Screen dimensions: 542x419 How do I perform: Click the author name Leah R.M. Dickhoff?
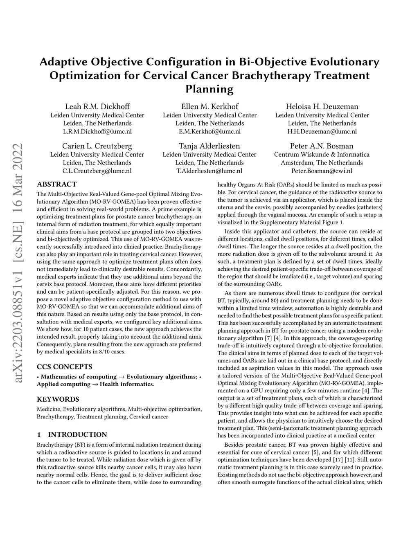tap(97, 106)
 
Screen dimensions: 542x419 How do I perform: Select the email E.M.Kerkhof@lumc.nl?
tap(209, 131)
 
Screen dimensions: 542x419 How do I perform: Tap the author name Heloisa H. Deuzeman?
tap(322, 106)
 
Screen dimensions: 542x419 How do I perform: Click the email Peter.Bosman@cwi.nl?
tap(322, 171)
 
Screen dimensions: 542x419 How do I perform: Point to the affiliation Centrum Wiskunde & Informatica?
tap(322, 155)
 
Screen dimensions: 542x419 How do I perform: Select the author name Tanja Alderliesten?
tap(209, 146)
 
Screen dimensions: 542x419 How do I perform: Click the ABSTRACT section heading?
tap(56, 184)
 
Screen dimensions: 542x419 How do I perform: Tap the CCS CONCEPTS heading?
tap(64, 367)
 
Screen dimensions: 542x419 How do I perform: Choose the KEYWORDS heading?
tap(58, 399)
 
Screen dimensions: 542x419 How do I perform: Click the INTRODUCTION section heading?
tap(77, 435)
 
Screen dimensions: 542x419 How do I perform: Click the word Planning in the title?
tap(209, 89)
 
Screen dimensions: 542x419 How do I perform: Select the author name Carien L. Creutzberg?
tap(97, 146)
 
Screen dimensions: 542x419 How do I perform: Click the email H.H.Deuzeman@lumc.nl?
tap(322, 131)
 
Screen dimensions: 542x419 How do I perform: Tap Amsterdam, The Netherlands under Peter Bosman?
tap(322, 163)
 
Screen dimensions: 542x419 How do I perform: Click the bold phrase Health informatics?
tap(126, 384)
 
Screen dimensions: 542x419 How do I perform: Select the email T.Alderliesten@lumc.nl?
tap(209, 171)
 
